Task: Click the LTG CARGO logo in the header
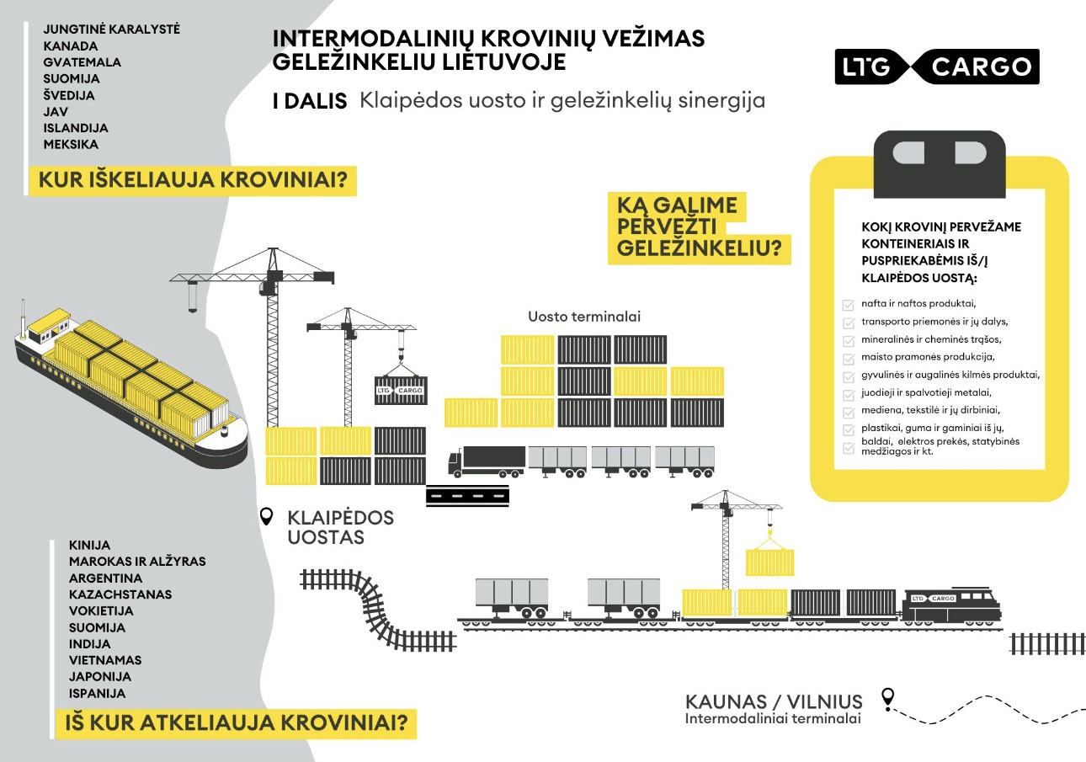tap(937, 67)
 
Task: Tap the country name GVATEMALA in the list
tap(83, 62)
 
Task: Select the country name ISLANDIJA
tap(76, 128)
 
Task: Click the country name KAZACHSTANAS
tap(120, 594)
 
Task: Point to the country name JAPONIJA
tap(100, 677)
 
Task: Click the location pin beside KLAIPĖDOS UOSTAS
tap(268, 516)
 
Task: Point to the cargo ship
tap(130, 383)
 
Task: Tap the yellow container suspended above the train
tap(770, 562)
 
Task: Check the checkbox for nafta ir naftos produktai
tap(849, 304)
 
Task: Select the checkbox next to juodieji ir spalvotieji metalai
tap(849, 393)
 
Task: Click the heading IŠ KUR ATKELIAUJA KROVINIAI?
tap(235, 722)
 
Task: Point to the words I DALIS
tap(310, 102)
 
